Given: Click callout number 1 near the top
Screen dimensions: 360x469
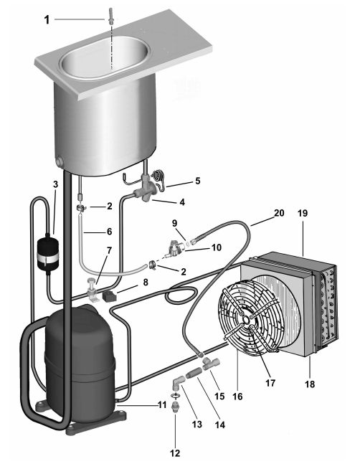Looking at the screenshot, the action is click(47, 20).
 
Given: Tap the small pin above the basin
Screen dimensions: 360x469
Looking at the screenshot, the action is click(111, 14).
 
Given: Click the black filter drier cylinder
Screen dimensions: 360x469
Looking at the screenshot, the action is click(47, 252).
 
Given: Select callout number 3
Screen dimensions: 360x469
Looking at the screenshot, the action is click(56, 184).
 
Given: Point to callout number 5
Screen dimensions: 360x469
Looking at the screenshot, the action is click(198, 181).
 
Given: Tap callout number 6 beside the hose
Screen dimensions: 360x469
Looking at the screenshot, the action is click(110, 231).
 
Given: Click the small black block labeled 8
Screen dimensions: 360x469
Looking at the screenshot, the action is click(109, 296).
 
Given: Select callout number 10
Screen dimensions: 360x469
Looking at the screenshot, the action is click(217, 247).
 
